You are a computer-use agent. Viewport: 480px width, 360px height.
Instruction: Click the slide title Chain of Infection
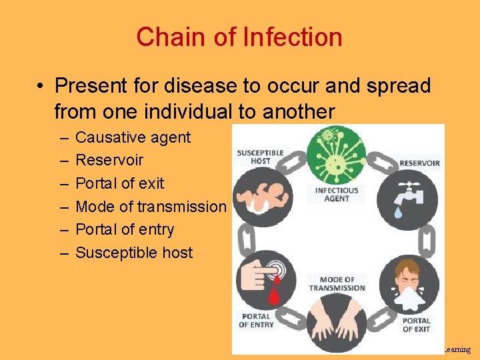pos(239,37)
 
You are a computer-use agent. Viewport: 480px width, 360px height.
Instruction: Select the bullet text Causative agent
pos(133,138)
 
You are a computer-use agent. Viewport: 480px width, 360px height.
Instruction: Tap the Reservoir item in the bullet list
pos(109,161)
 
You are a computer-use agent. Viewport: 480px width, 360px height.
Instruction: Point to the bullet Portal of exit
pos(119,183)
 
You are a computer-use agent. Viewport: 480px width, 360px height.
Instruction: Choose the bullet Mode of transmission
pos(151,207)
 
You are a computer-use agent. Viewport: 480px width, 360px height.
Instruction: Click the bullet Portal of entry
pos(125,229)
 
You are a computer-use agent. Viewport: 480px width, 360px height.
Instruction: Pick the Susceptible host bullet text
pos(134,253)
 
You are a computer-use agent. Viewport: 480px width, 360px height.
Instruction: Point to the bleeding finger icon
pos(267,281)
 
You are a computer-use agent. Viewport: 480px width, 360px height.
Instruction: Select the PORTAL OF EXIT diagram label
pos(416,325)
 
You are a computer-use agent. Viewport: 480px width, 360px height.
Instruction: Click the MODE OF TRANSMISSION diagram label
pos(337,284)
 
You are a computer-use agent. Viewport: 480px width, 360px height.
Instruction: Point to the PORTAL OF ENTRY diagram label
pos(256,320)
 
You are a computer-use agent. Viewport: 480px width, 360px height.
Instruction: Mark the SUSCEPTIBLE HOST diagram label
pos(260,157)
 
